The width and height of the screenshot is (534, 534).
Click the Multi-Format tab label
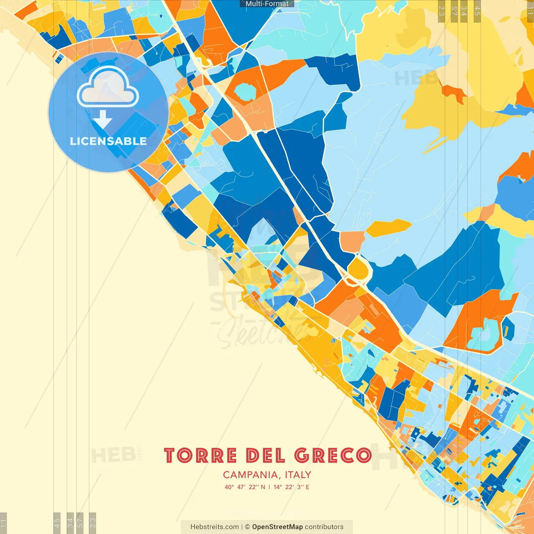click(x=267, y=4)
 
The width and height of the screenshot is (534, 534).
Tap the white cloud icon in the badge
click(x=108, y=87)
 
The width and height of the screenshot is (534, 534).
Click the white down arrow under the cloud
click(x=102, y=119)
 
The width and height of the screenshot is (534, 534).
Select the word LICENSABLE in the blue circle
click(x=108, y=141)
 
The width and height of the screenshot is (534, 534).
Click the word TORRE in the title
click(x=201, y=456)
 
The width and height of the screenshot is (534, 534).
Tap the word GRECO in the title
click(x=333, y=456)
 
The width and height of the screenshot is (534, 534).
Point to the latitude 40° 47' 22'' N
click(x=244, y=487)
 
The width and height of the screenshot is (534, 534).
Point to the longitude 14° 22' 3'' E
click(x=291, y=487)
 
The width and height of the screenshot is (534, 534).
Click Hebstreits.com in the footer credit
click(x=214, y=527)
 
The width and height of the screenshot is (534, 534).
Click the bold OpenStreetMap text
click(x=277, y=527)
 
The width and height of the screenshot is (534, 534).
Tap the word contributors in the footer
click(x=324, y=527)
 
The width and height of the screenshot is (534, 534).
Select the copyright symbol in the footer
click(x=247, y=527)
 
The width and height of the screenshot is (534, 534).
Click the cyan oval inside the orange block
click(x=244, y=91)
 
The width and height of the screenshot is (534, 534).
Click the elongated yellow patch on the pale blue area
click(x=388, y=227)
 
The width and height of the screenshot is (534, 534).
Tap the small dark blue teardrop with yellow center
click(x=507, y=327)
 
